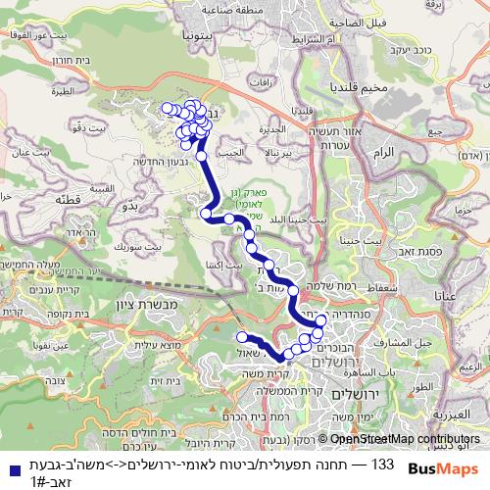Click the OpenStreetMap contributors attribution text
tap(405, 440)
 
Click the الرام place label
tap(388, 153)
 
